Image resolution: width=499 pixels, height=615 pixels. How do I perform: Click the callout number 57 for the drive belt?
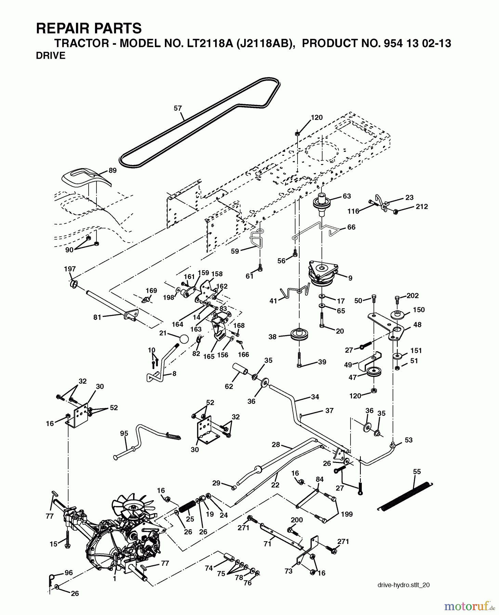pos(178,108)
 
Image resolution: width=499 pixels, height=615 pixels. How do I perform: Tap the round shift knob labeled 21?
pos(184,339)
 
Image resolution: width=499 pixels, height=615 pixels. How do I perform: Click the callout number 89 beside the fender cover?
pos(113,170)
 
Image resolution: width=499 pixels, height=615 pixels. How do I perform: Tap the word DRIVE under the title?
pos(51,56)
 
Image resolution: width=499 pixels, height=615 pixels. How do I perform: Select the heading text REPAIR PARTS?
pos(89,28)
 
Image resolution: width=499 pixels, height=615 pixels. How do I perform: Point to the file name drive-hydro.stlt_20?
pos(404,585)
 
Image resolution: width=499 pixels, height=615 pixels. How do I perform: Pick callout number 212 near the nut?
pos(422,206)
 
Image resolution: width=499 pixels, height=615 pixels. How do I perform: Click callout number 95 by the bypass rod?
pos(124,434)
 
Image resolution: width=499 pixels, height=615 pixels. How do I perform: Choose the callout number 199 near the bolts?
pos(347,514)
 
